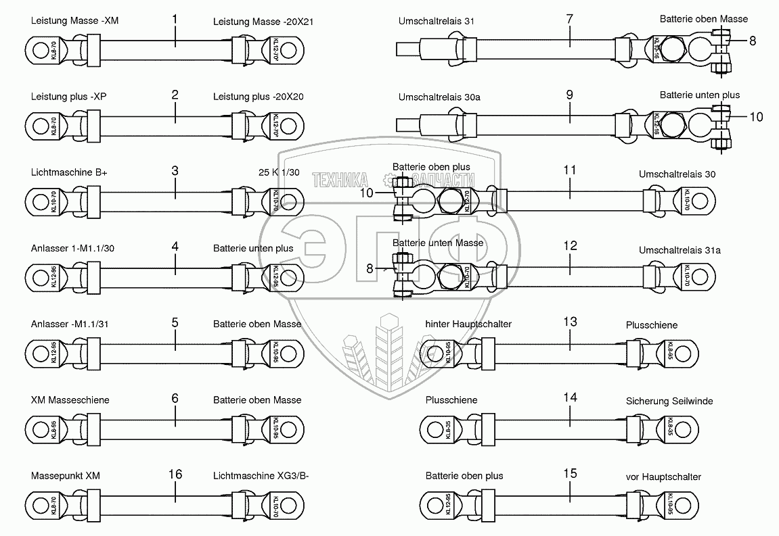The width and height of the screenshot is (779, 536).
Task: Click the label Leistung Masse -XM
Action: click(74, 21)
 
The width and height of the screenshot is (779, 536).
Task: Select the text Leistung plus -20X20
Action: click(258, 97)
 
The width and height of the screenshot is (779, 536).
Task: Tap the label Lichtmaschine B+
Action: click(69, 172)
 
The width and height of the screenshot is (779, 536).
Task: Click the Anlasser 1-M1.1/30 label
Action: click(72, 248)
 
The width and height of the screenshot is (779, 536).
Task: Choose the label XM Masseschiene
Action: click(70, 400)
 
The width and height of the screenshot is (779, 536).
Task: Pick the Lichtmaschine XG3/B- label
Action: click(261, 476)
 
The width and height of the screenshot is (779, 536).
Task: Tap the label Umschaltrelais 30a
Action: click(439, 97)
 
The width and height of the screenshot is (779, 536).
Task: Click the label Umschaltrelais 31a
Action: click(680, 250)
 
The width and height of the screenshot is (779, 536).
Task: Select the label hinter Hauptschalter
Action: click(468, 324)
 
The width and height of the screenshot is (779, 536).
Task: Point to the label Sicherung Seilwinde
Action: click(669, 401)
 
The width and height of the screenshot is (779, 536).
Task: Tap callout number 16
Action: click(175, 474)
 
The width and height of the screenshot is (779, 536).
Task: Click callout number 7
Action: click(569, 20)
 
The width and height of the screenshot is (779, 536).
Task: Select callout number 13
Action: click(570, 322)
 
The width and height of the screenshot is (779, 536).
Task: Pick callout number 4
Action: click(175, 247)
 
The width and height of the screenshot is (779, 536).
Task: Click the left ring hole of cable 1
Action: click(39, 50)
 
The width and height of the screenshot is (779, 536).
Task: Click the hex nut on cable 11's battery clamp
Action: click(451, 201)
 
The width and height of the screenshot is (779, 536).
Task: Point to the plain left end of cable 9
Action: click(405, 126)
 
